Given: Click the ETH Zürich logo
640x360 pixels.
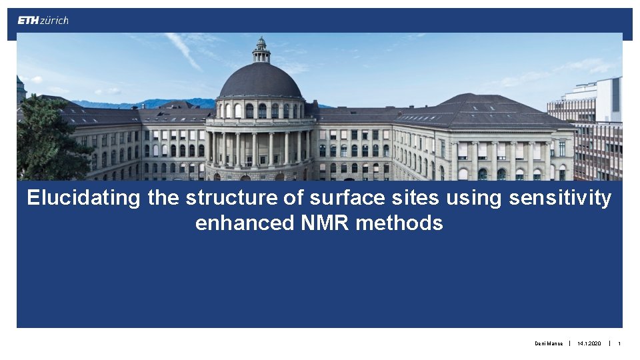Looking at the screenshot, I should click(43, 20).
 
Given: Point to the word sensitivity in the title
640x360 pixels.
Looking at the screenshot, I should click(560, 198).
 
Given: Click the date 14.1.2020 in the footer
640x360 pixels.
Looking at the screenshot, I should click(589, 344).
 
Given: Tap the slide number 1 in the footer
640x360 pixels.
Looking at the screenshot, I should click(619, 344).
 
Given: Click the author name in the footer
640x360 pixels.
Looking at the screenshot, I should click(549, 344).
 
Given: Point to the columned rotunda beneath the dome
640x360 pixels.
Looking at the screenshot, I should click(260, 147).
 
